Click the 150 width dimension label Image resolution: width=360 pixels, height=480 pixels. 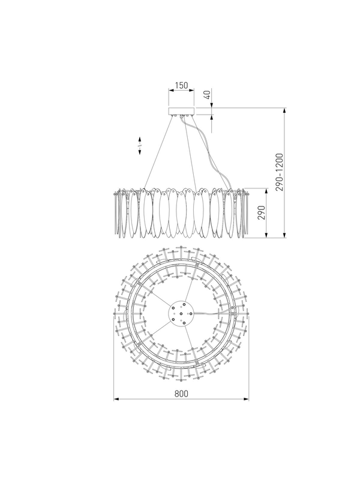181,85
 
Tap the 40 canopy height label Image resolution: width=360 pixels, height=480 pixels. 208,95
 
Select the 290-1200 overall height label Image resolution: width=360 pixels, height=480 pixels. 280,172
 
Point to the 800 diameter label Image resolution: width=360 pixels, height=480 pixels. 181,394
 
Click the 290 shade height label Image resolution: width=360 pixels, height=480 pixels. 261,212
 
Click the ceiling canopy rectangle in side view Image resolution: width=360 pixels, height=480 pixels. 182,111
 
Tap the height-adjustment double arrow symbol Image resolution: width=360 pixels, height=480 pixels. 140,146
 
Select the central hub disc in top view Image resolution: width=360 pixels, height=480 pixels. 182,313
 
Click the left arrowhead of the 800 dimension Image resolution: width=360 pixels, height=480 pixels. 116,399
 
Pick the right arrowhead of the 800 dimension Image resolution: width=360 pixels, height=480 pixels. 246,399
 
